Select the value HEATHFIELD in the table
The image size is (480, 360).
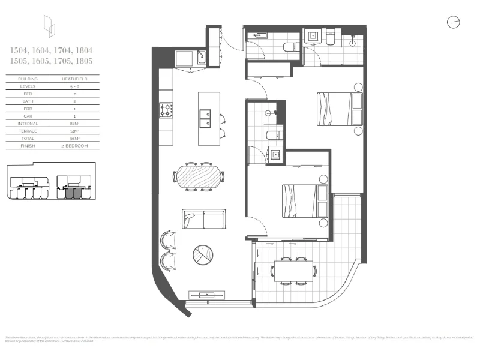pyautogui.click(x=73, y=79)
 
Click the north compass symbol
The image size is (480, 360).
pyautogui.click(x=453, y=23)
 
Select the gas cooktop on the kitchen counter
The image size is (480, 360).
pyautogui.click(x=166, y=110)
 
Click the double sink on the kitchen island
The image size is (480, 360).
pyautogui.click(x=205, y=118)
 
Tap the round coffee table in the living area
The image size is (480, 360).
pyautogui.click(x=202, y=256)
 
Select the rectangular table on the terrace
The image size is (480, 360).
pyautogui.click(x=293, y=271)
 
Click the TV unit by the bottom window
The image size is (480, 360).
pyautogui.click(x=208, y=295)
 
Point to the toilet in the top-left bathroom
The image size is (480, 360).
pyautogui.click(x=290, y=49)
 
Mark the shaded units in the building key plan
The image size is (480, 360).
pyautogui.click(x=73, y=193)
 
